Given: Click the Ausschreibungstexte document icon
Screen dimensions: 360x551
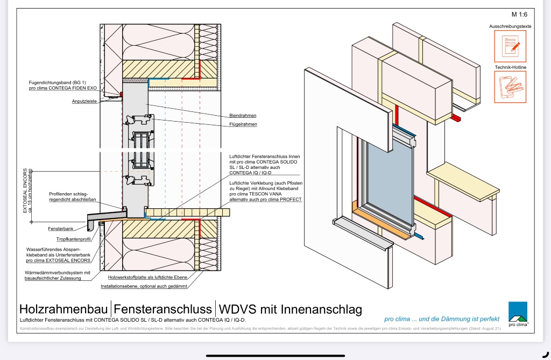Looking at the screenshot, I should [x=510, y=46].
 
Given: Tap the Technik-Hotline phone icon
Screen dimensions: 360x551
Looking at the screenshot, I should [x=510, y=87].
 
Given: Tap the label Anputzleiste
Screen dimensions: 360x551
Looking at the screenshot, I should [x=84, y=101].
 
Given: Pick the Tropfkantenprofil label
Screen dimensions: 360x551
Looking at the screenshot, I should [x=73, y=239].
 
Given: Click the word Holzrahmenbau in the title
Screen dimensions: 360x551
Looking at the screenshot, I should [x=64, y=309].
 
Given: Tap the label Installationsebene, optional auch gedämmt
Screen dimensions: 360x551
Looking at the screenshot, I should [x=144, y=286].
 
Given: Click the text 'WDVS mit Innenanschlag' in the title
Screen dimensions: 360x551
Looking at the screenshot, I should [x=289, y=309].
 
